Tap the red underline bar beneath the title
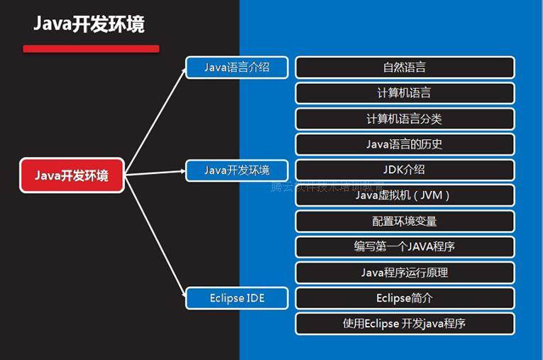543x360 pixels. tap(91, 49)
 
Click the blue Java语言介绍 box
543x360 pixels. tap(237, 67)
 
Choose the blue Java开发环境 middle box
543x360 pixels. tap(237, 170)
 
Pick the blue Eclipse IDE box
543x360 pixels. tap(237, 298)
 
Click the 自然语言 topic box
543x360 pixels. tap(405, 67)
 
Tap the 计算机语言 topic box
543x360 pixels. tap(405, 93)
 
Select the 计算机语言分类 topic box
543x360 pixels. tap(405, 119)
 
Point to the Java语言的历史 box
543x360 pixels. tap(405, 144)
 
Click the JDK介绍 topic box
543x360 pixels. tap(405, 170)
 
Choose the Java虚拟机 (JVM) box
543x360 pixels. tap(405, 195)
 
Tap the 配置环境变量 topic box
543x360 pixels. tap(405, 221)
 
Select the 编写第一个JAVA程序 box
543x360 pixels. tap(405, 246)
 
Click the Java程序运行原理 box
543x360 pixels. tap(405, 272)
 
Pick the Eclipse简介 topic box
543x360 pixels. tap(405, 298)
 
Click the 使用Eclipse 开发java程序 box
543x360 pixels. tap(405, 323)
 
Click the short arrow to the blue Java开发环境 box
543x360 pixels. tap(155, 173)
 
